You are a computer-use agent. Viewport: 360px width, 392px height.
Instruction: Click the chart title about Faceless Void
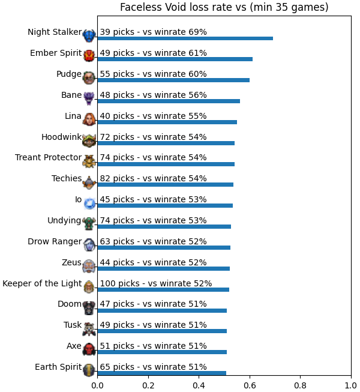[x=224, y=7]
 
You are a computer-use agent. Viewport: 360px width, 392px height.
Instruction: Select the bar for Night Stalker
[x=185, y=38]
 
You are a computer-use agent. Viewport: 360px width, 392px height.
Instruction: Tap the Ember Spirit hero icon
[x=89, y=55]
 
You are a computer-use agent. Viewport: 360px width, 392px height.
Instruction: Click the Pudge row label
[x=69, y=74]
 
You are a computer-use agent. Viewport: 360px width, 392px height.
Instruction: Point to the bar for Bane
[x=169, y=101]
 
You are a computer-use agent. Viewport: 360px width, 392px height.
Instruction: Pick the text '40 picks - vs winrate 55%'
[x=153, y=116]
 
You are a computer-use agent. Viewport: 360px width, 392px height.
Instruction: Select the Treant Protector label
[x=48, y=157]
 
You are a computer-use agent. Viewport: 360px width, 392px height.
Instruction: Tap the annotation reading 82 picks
[x=153, y=178]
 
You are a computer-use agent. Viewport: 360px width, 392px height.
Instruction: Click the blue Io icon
[x=89, y=204]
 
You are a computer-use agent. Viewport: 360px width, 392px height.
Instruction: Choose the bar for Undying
[x=164, y=226]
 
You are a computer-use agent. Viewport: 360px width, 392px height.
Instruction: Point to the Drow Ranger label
[x=55, y=241]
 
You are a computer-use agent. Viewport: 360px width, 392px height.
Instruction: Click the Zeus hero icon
[x=89, y=267]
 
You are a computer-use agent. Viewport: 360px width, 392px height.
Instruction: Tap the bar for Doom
[x=162, y=310]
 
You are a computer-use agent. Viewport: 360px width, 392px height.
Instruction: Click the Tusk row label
[x=73, y=325]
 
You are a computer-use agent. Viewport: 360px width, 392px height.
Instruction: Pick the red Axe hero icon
[x=89, y=349]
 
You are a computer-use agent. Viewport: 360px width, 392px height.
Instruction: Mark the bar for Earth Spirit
[x=162, y=373]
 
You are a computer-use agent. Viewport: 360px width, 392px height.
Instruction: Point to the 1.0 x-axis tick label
[x=351, y=385]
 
